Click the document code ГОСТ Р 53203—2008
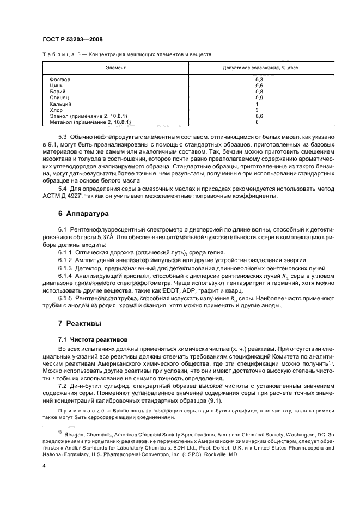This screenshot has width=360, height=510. point(72,40)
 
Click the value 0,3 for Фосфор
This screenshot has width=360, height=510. point(259,80)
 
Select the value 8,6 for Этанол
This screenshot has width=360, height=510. point(259,116)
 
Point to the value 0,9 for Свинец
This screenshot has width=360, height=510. point(259,98)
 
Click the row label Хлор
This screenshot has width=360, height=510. point(57,110)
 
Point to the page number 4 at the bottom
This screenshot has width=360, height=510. point(44,466)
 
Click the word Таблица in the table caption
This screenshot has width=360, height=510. point(56,55)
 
